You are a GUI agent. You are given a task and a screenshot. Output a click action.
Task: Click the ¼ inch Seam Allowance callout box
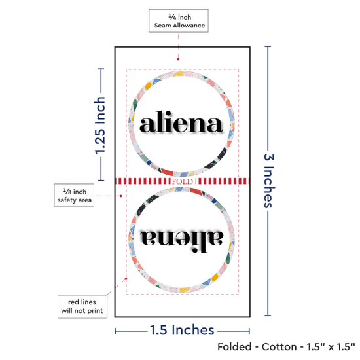179,21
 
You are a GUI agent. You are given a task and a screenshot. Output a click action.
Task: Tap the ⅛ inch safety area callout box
74,195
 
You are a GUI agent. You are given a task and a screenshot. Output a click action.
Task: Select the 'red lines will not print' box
82,306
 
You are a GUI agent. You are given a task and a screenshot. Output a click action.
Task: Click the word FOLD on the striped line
183,181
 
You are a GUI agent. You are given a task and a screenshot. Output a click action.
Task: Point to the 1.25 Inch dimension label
100,126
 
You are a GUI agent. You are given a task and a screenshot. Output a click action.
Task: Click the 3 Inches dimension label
269,181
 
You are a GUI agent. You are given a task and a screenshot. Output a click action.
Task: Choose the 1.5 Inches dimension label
182,330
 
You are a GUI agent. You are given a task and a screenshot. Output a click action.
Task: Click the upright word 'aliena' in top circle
181,122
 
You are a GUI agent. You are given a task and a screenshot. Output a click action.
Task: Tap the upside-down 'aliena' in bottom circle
181,241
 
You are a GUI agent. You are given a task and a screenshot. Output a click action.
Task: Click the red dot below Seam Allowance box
178,59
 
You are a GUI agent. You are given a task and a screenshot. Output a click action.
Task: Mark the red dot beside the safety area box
121,196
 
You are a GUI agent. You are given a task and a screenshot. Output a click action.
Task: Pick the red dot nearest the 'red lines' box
126,279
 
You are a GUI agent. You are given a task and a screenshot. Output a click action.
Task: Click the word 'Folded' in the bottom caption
234,347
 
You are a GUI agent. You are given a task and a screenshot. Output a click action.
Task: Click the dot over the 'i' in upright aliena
168,114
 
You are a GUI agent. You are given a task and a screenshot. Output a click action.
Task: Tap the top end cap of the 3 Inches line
268,46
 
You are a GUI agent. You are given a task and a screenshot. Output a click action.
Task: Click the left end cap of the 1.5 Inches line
115,331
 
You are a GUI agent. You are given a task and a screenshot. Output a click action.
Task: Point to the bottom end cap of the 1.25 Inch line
101,180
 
